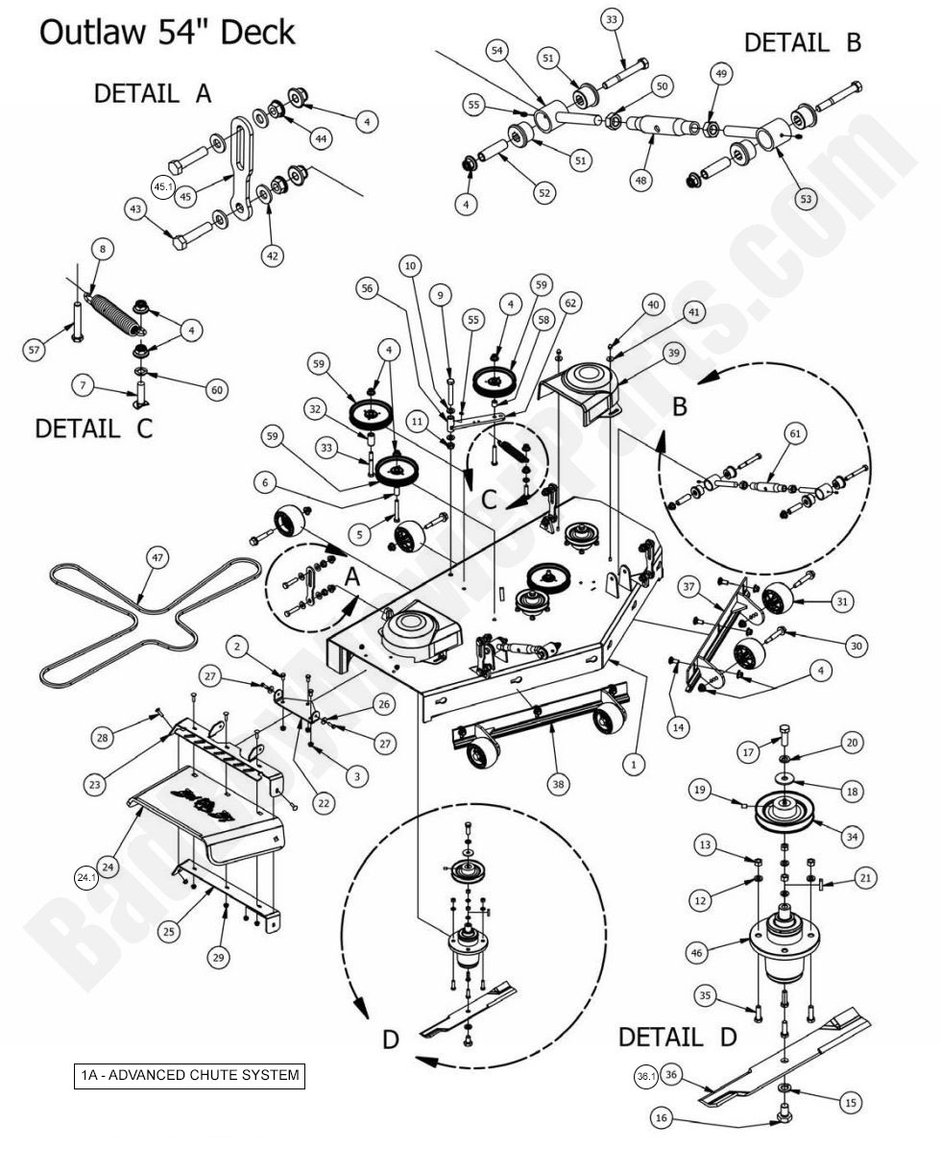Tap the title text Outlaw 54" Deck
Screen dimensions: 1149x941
[x=166, y=33]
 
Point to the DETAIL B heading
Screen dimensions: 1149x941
[x=803, y=42]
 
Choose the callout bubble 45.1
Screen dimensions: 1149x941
[x=162, y=186]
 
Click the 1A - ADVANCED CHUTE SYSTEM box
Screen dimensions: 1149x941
[x=189, y=1074]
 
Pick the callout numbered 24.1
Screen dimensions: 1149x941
[x=87, y=876]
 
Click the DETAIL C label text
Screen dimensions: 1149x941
[x=93, y=428]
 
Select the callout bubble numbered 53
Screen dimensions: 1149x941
[x=806, y=199]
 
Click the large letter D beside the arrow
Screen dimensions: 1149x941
[x=390, y=1039]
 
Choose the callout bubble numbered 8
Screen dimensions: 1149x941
[x=103, y=249]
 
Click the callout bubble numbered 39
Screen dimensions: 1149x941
[x=674, y=354]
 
